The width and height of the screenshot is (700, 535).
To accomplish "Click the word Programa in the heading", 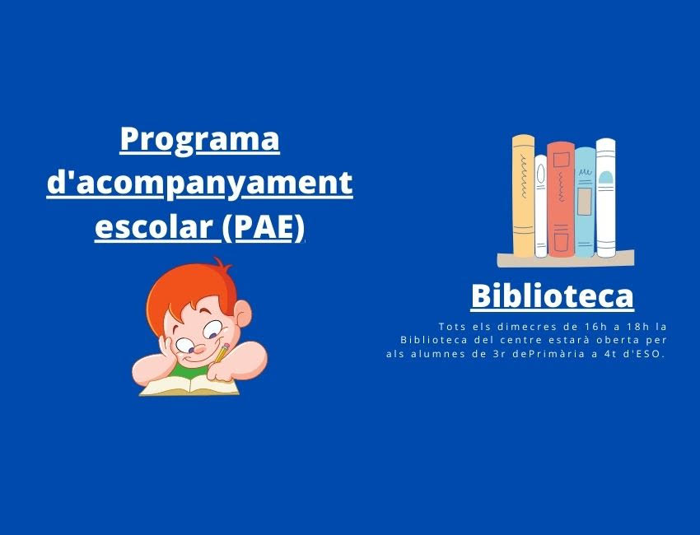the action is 199,141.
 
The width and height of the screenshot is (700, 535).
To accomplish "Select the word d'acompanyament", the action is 199,184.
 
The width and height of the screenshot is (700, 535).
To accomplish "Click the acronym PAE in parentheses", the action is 264,226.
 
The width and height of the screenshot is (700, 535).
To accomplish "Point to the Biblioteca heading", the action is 553,295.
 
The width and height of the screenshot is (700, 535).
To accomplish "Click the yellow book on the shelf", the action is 523,197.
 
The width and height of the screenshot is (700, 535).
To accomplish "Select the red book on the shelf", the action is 561,199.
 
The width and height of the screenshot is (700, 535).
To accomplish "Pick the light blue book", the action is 585,202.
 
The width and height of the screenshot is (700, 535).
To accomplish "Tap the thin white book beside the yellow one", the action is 540,206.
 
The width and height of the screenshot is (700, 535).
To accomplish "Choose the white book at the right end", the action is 606,198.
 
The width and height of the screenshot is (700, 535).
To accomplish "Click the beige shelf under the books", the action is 566,259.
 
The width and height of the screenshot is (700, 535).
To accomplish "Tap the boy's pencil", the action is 222,352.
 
